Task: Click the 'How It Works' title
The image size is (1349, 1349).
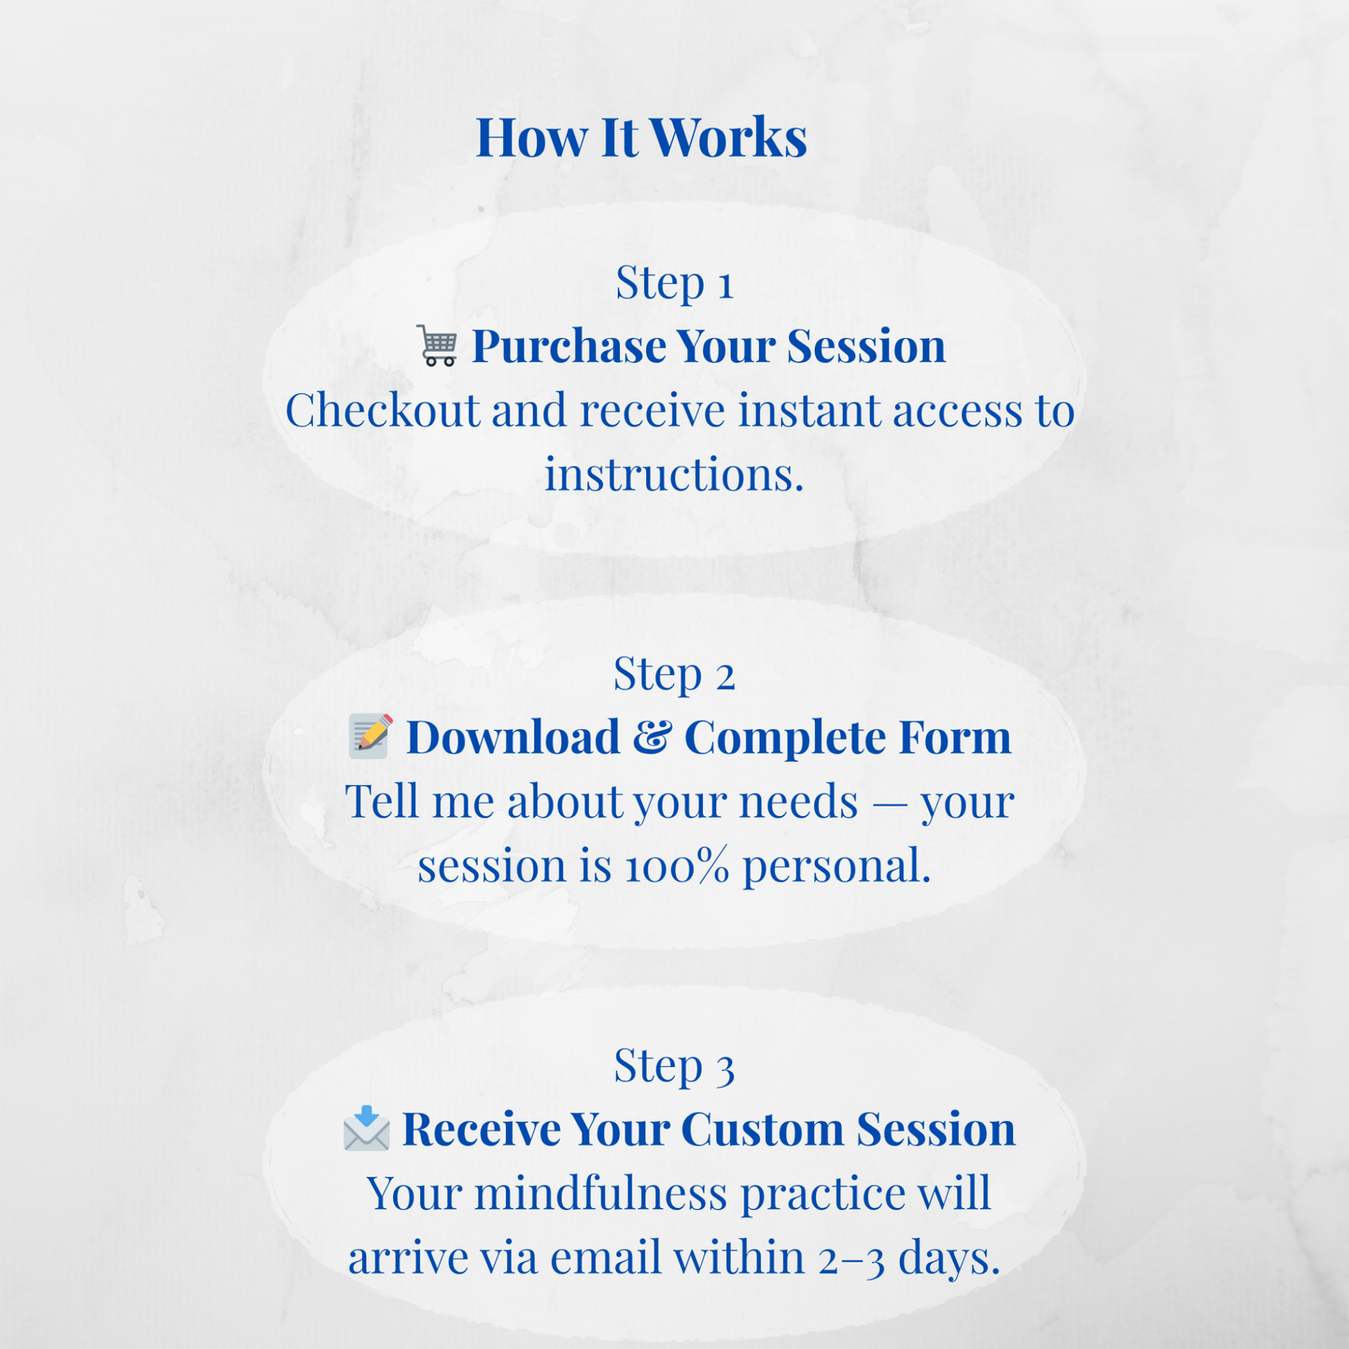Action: click(x=641, y=137)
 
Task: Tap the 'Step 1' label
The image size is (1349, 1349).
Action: click(x=674, y=282)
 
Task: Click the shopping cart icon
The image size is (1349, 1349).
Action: click(x=437, y=346)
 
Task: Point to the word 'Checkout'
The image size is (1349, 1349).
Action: click(x=382, y=411)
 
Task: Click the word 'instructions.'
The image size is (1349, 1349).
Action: click(x=674, y=474)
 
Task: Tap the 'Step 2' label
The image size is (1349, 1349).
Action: click(x=674, y=673)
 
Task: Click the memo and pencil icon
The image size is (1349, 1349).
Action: click(x=371, y=737)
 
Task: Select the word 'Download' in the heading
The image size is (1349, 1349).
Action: click(x=513, y=738)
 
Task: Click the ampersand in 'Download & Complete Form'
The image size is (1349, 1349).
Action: click(x=652, y=738)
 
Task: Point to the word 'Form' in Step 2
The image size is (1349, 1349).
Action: click(x=954, y=738)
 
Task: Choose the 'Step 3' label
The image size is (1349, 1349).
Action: click(x=674, y=1065)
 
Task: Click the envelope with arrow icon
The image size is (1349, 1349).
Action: click(x=366, y=1128)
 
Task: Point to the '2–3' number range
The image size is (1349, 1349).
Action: click(x=850, y=1258)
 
